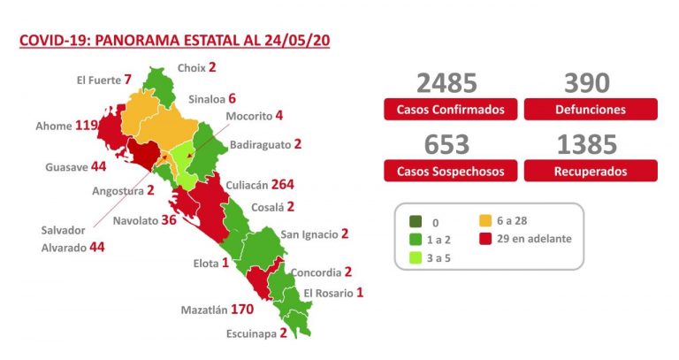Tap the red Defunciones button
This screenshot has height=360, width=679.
point(591,110)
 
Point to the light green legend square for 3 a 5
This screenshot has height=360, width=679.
point(415,258)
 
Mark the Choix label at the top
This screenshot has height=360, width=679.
point(191,67)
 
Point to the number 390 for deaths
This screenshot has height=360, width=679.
point(587,84)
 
